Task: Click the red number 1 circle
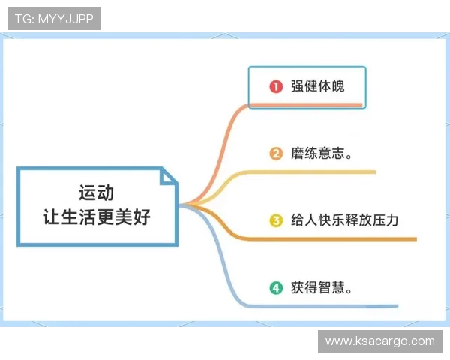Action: point(276,86)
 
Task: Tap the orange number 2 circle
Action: point(276,154)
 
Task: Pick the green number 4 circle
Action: point(276,287)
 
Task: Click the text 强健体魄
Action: point(317,86)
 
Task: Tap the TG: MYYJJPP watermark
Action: point(54,19)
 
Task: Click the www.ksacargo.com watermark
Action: point(379,340)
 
